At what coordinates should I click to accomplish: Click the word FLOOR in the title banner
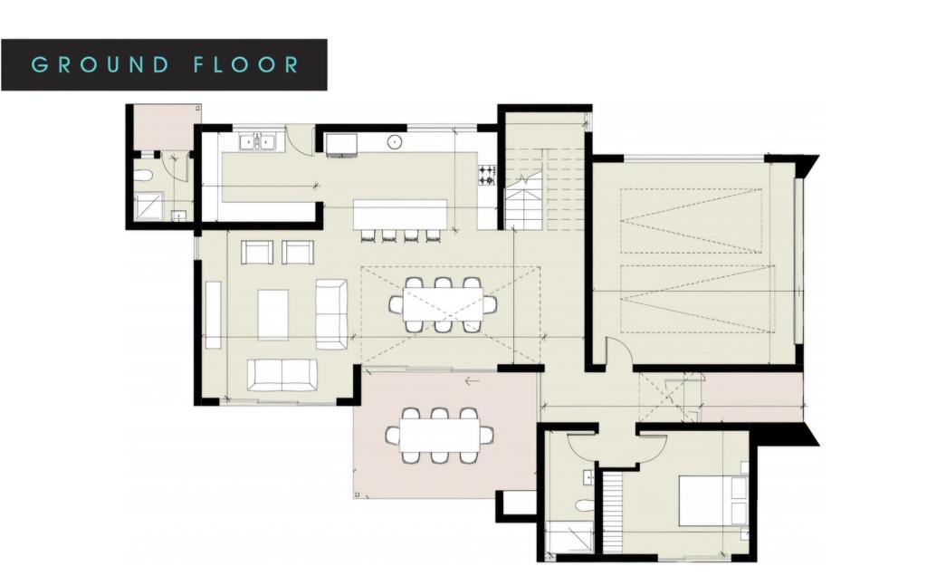tap(247, 64)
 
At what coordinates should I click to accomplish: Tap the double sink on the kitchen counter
tap(258, 142)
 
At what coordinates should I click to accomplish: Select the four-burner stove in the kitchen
tap(486, 175)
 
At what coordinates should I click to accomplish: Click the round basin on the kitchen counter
tap(395, 142)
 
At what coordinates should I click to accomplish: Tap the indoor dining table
tap(443, 305)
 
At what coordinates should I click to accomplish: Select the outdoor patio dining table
tap(439, 436)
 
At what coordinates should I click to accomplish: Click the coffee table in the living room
tap(273, 314)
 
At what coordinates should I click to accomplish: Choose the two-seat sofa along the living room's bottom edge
tap(282, 375)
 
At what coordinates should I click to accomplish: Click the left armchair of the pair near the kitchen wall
tap(257, 253)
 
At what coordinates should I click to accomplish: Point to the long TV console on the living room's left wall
tap(213, 314)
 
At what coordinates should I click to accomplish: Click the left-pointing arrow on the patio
tap(471, 381)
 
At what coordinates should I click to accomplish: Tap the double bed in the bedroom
tap(713, 500)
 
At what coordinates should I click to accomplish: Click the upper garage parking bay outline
tap(691, 221)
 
